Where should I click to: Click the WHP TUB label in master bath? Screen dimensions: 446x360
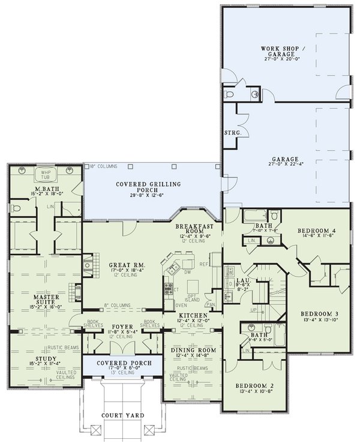click(x=46, y=175)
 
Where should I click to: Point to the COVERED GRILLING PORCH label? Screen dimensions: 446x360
click(x=149, y=188)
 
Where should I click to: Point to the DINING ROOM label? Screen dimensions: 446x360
click(x=191, y=349)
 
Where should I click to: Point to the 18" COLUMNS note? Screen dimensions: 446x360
click(x=103, y=165)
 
